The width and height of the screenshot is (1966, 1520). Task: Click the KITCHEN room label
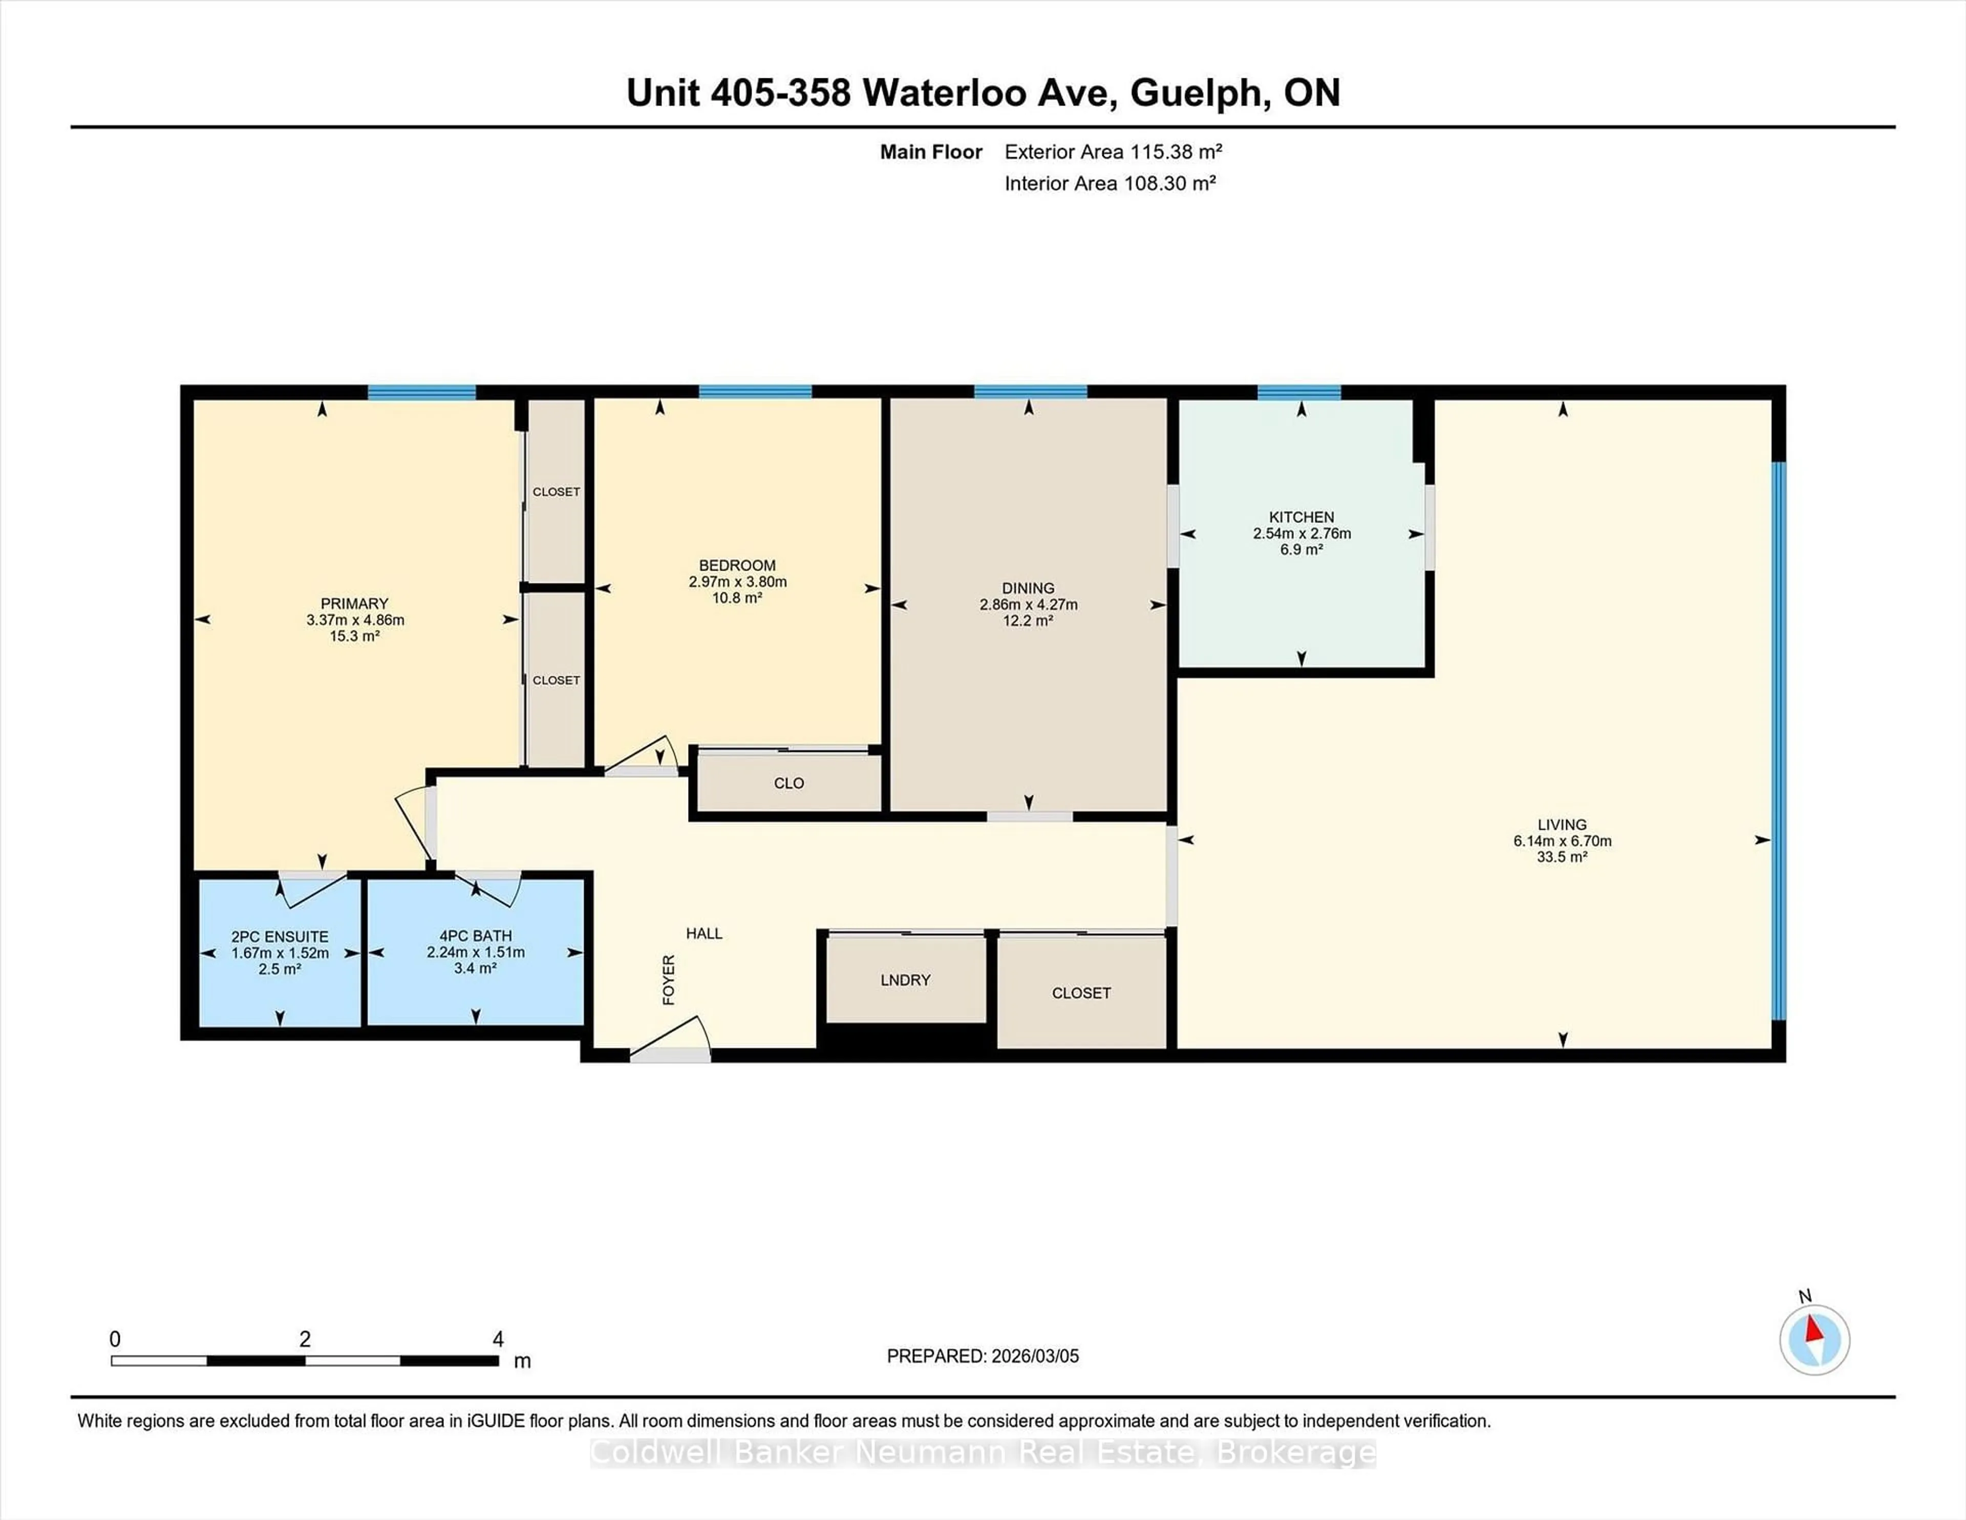(1301, 517)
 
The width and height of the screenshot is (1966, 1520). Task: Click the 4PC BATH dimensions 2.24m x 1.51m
(475, 952)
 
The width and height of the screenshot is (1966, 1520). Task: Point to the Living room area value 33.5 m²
(1562, 856)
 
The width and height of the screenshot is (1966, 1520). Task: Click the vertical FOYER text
(669, 980)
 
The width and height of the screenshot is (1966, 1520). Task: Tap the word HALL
(704, 933)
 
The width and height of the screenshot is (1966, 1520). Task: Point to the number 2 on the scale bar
(305, 1339)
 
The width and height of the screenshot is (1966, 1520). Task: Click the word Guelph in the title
(1200, 93)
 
